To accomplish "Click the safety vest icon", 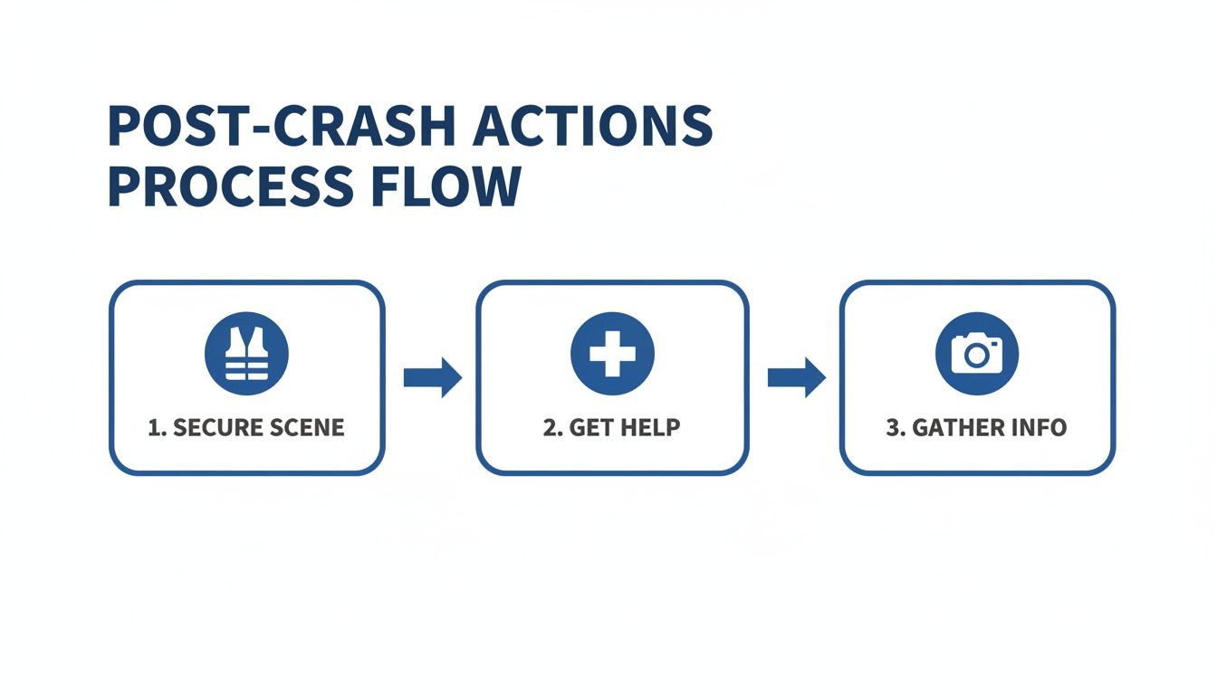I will pos(247,354).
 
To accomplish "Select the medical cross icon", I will pos(612,354).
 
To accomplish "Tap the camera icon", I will pos(976,354).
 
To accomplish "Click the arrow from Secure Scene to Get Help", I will pos(432,377).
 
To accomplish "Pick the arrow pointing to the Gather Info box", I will pos(796,377).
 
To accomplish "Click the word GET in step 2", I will pos(587,428).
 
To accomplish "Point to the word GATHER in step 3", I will pos(953,428).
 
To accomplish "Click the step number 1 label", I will pos(155,428).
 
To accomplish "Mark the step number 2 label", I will pos(551,428).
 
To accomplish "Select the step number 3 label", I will pos(894,428).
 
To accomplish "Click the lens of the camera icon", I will pos(976,356).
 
